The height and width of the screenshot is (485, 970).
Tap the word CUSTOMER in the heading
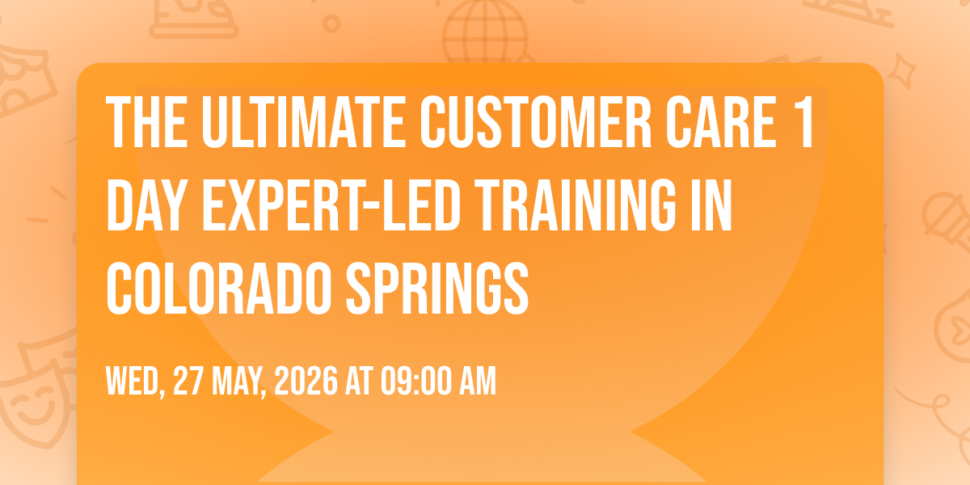click(536, 122)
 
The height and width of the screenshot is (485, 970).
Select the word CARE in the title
click(721, 122)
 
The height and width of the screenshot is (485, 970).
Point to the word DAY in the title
click(147, 205)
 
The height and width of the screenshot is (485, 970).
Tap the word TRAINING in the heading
click(576, 205)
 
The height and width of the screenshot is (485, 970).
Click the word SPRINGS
click(437, 288)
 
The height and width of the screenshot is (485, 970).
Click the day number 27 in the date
click(188, 381)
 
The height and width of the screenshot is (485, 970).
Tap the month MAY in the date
click(238, 381)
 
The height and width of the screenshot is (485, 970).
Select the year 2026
click(306, 381)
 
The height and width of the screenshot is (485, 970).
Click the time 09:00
click(415, 381)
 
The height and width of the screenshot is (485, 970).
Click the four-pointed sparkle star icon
click(901, 70)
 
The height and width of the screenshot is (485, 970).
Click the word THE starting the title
click(147, 122)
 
